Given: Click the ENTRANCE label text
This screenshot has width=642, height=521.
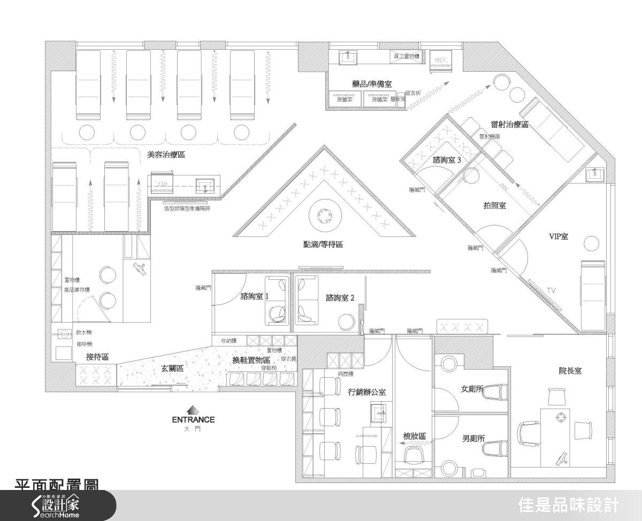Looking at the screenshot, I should [x=193, y=419].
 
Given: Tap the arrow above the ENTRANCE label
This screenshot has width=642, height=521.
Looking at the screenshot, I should [x=193, y=409].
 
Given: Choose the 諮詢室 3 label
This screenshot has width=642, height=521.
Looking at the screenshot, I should [x=447, y=160].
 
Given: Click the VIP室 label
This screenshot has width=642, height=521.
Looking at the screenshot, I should [x=559, y=236].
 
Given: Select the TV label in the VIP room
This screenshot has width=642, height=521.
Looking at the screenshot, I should [x=551, y=290].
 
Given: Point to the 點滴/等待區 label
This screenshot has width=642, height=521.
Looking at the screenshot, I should [x=323, y=244].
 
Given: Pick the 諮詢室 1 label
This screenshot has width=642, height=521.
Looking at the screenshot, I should [x=255, y=296].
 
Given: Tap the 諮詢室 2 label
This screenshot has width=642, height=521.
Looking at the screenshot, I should [x=340, y=297].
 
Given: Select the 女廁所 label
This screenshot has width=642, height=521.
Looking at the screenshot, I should [x=472, y=388].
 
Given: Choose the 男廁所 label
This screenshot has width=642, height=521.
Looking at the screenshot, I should [x=473, y=438].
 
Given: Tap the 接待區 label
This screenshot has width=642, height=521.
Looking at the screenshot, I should [x=98, y=357].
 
